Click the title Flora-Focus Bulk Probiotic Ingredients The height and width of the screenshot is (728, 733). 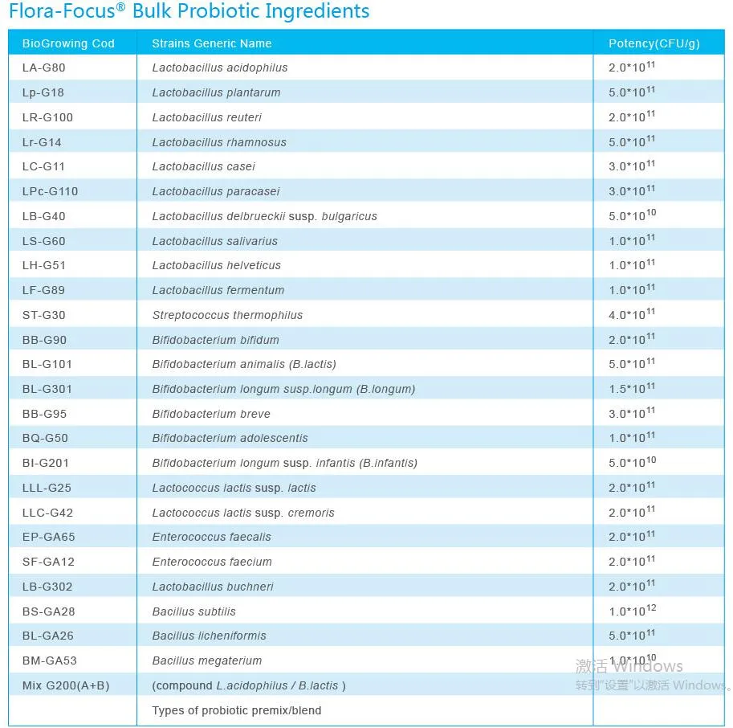[x=189, y=12]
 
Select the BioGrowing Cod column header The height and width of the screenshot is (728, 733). [x=68, y=43]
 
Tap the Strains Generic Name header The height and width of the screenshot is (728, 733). [x=212, y=43]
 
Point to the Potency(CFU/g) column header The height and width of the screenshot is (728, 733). [x=654, y=43]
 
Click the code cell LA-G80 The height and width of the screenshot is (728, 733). [x=43, y=67]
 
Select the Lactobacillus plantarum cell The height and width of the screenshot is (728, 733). [x=216, y=92]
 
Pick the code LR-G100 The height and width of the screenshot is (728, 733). [x=47, y=117]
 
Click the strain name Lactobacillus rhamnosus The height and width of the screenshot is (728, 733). [x=219, y=142]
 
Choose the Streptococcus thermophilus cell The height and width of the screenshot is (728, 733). [x=227, y=315]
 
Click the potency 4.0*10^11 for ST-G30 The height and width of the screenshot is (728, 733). [x=632, y=314]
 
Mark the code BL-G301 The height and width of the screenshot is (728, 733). [x=47, y=389]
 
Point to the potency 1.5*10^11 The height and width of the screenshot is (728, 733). [x=632, y=389]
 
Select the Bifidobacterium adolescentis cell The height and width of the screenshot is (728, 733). [x=230, y=438]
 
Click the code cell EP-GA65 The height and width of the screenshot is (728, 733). [x=49, y=537]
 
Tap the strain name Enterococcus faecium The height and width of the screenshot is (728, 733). [x=212, y=562]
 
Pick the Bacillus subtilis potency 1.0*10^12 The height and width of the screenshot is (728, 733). [x=632, y=611]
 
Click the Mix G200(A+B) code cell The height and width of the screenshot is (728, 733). [x=66, y=685]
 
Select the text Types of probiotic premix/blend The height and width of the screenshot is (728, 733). [x=237, y=710]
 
